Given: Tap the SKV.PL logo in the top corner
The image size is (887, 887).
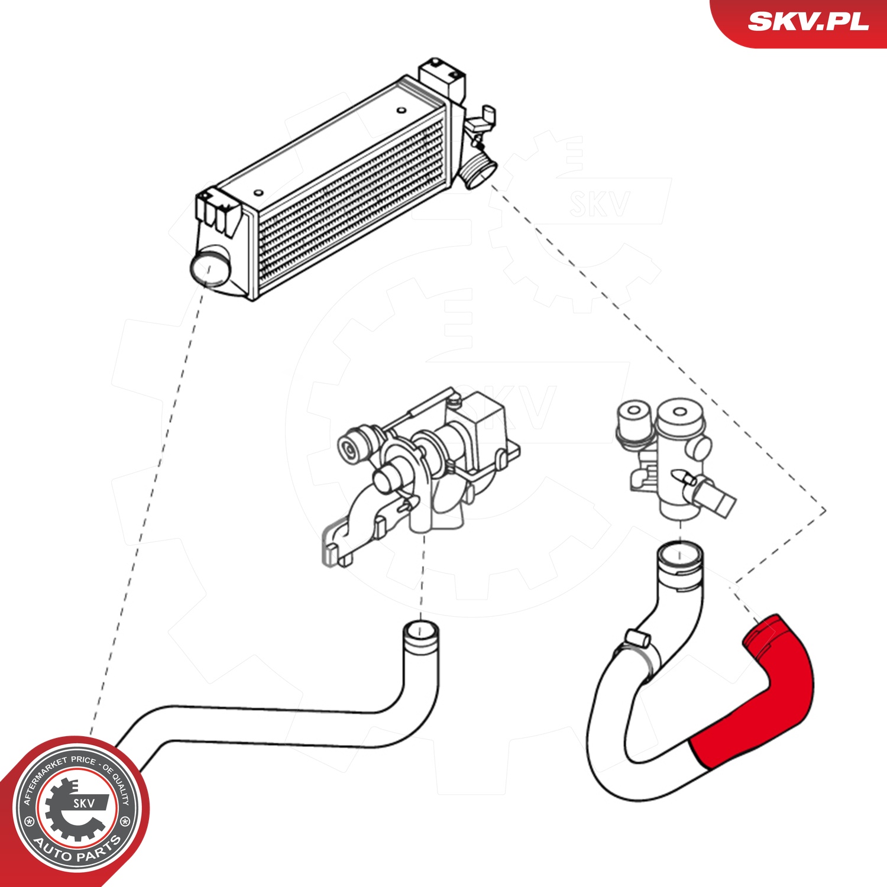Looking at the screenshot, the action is coord(808,22).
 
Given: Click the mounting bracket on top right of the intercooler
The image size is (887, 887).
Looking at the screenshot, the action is coord(442,77).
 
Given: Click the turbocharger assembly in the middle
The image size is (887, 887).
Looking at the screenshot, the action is coord(426,461).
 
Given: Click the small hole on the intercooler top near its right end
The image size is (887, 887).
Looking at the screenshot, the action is coord(401,110).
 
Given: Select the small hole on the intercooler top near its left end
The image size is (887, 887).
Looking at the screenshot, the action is coord(258,193).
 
